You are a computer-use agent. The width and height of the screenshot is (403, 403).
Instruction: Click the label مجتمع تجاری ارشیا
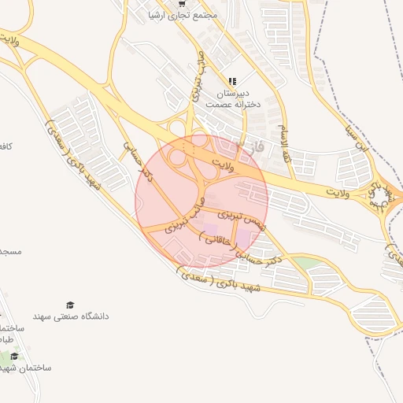[187, 16]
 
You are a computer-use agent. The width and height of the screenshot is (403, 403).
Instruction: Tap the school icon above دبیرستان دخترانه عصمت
[232, 80]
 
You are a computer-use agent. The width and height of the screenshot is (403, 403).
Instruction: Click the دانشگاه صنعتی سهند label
[71, 316]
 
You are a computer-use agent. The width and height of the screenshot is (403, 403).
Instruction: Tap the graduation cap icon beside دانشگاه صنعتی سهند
[70, 305]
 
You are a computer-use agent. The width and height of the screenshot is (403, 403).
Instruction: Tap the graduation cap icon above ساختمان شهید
[14, 357]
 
